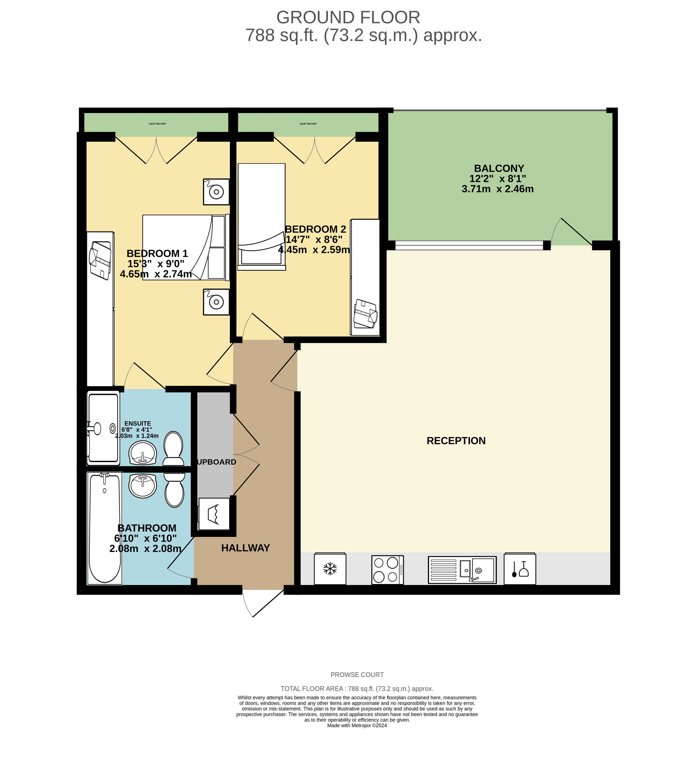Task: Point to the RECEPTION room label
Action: [x=456, y=440]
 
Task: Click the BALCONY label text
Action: [x=499, y=168]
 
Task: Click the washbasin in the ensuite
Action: [x=143, y=453]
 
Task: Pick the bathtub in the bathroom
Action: [x=104, y=529]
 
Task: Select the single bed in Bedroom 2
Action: [x=261, y=216]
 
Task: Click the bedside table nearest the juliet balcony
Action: [x=216, y=192]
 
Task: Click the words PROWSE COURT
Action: [x=357, y=675]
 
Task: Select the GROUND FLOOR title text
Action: [x=348, y=18]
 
